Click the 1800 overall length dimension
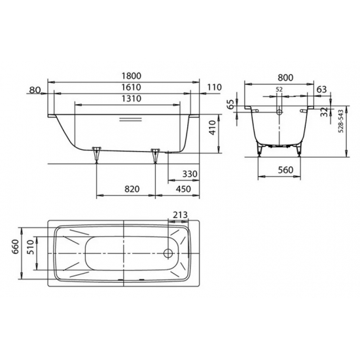point(132,76)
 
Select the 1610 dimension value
point(132,87)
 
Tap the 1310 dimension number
point(132,99)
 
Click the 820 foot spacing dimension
point(132,189)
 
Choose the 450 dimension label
point(183,189)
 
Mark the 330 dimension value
point(190,174)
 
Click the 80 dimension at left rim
point(35,90)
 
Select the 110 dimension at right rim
point(215,87)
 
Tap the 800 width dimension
point(285,78)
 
